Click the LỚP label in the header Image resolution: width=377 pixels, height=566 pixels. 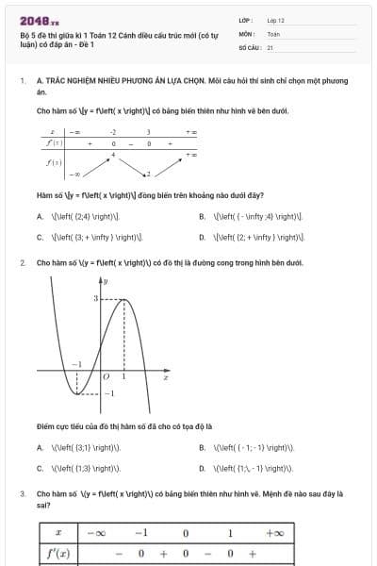tap(244, 20)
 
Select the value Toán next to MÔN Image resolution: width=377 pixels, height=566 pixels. tap(273, 33)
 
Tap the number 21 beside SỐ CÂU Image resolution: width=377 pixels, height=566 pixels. tap(270, 46)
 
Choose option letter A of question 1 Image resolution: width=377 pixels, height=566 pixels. tap(40, 216)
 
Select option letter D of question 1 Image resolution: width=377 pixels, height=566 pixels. tap(203, 237)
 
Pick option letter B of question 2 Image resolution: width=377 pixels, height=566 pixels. tap(203, 446)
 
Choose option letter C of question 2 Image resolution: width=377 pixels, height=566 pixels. tap(40, 467)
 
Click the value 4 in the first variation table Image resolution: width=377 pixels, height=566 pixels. tap(113, 153)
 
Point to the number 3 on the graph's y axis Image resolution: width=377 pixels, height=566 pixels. tap(94, 298)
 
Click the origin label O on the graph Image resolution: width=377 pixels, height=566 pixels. tap(107, 376)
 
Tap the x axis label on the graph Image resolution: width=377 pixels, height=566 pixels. tap(166, 377)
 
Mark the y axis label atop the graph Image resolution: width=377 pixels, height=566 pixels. tap(106, 281)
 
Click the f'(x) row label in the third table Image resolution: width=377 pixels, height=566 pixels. tap(58, 554)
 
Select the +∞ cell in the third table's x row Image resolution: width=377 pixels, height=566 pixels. tap(274, 533)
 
